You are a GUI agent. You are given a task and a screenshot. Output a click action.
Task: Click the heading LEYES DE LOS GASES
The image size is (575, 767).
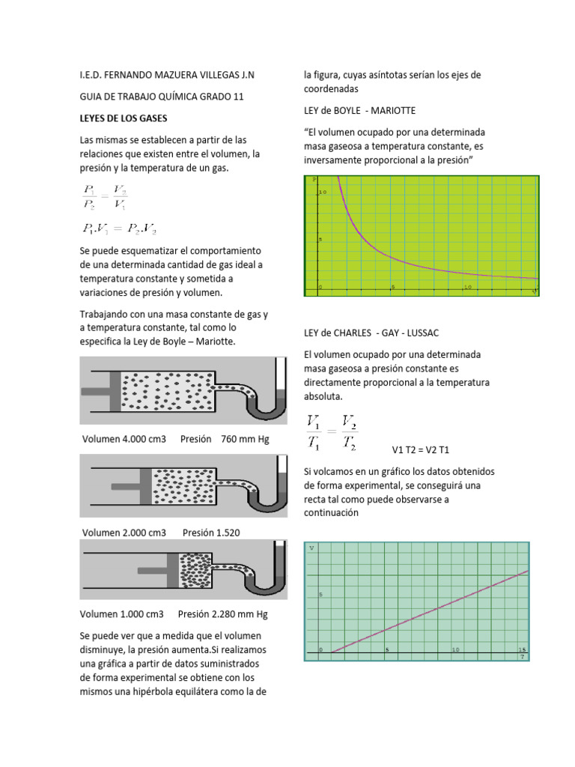click(124, 118)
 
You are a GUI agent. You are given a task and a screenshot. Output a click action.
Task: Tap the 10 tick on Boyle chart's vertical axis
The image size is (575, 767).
click(323, 192)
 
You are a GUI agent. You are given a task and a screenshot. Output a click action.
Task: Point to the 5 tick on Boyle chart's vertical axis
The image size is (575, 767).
click(320, 240)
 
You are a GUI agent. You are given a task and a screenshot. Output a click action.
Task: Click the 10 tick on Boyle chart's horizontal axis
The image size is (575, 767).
click(468, 287)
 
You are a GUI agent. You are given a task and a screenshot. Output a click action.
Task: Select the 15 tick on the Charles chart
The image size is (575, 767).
click(522, 649)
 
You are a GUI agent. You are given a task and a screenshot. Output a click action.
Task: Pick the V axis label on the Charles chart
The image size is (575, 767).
click(312, 549)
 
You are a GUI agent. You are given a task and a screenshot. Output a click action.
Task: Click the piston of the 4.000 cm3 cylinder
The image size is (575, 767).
click(115, 391)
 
